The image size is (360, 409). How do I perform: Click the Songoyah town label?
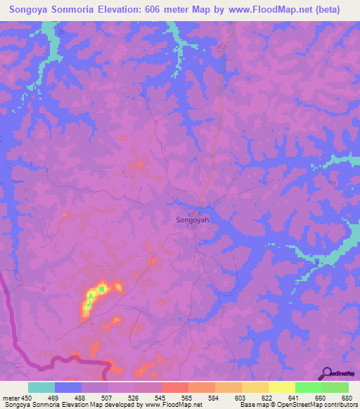tap(191, 220)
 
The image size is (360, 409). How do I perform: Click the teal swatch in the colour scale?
tap(41, 387)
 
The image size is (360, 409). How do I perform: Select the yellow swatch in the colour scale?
tap(282, 387)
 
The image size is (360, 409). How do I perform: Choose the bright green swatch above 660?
tap(309, 387)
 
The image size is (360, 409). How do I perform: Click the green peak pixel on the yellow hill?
tap(102, 288)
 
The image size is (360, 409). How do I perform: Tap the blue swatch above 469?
tap(68, 387)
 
